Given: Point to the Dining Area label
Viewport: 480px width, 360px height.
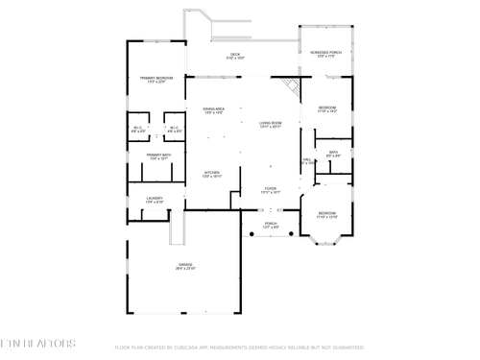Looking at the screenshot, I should click(213, 111).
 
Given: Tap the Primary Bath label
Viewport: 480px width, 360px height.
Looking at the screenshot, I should click(158, 156).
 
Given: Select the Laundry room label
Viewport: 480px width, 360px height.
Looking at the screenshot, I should click(154, 200).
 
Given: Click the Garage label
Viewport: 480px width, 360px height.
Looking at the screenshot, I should click(185, 266).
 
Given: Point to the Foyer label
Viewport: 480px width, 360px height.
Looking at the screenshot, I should click(270, 190).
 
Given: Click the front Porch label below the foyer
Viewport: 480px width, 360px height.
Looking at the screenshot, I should click(271, 226).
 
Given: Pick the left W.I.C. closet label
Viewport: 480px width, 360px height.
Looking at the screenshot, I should click(138, 130).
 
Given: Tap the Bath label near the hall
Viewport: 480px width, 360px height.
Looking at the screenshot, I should click(333, 153).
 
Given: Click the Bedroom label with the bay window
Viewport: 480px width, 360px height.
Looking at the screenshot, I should click(327, 214).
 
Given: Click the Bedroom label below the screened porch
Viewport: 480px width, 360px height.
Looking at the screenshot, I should click(327, 108).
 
